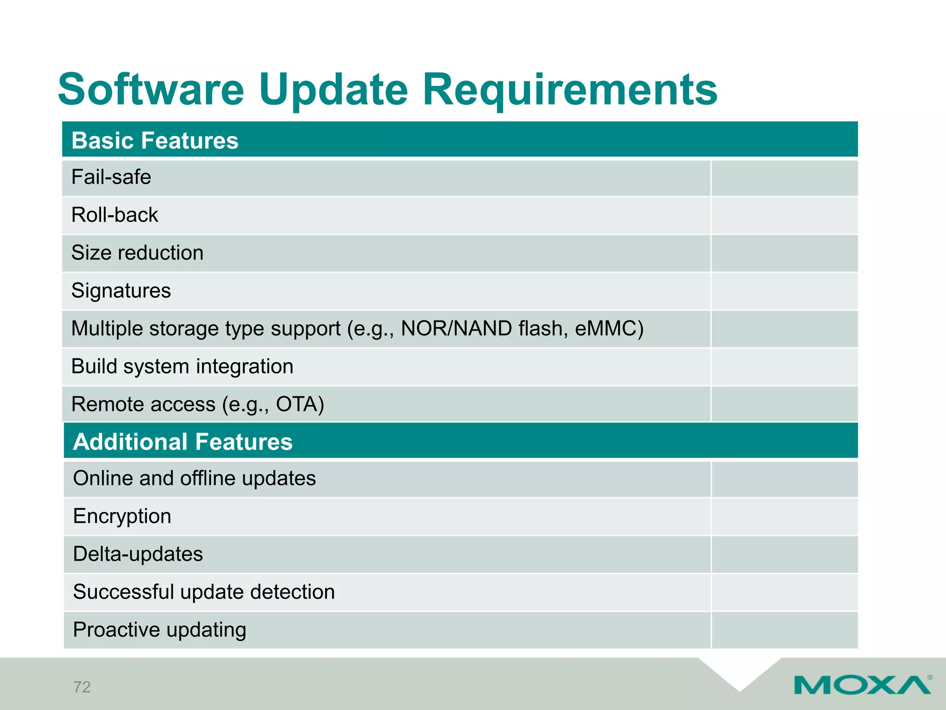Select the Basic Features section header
(155, 141)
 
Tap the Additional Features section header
(183, 441)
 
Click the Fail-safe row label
(111, 177)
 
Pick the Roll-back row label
(115, 215)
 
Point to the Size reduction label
(137, 253)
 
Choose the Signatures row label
(121, 291)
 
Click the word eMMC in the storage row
(608, 329)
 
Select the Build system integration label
(182, 367)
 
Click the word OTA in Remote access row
(296, 404)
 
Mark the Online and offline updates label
(194, 478)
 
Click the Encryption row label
(122, 516)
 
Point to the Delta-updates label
(138, 554)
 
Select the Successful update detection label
(204, 592)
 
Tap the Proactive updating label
(159, 630)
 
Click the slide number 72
(82, 687)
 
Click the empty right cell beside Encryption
(784, 517)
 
